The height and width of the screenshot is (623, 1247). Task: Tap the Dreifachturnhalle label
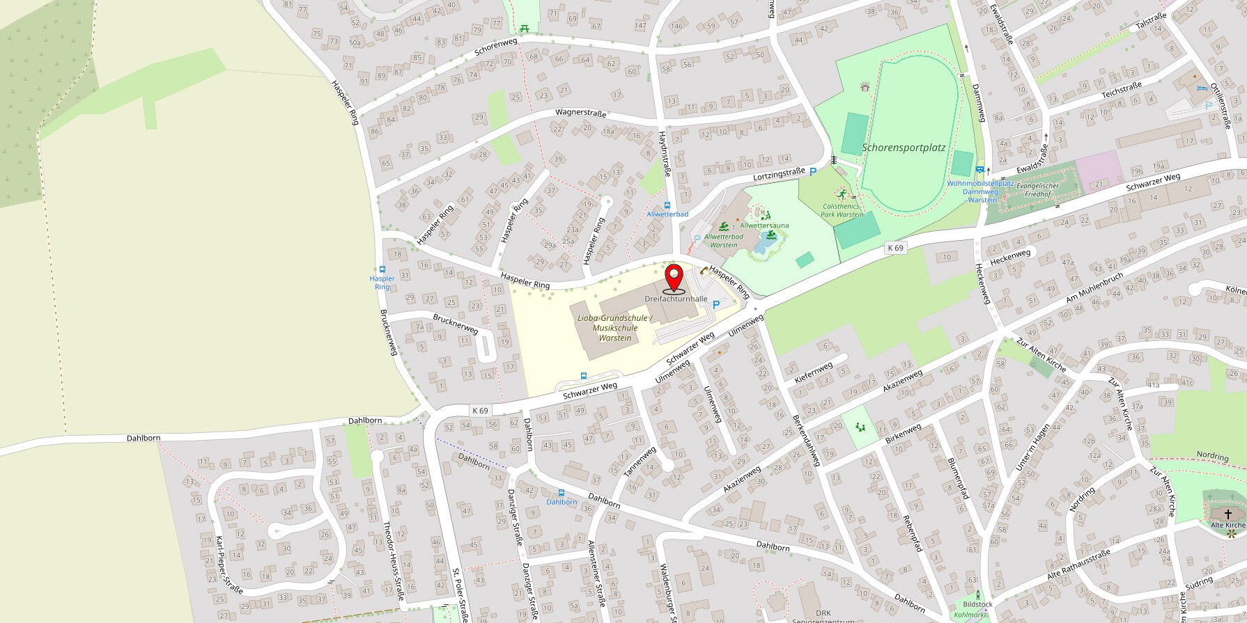[x=676, y=299]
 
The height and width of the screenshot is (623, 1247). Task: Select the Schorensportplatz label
[x=904, y=148]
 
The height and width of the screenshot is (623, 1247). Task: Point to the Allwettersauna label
[x=764, y=226]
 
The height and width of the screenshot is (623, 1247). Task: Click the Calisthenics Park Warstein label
[x=842, y=210]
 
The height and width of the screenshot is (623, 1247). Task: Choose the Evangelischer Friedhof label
[x=1037, y=189]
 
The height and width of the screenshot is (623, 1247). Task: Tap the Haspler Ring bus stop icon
[x=382, y=269]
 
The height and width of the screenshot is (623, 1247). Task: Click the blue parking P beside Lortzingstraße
[x=812, y=172]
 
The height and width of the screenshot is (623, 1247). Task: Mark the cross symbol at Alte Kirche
[x=1227, y=513]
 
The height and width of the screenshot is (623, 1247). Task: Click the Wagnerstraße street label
[x=580, y=113]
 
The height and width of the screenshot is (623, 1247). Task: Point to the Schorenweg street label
[x=496, y=47]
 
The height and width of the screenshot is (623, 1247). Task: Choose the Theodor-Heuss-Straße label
[x=394, y=561]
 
